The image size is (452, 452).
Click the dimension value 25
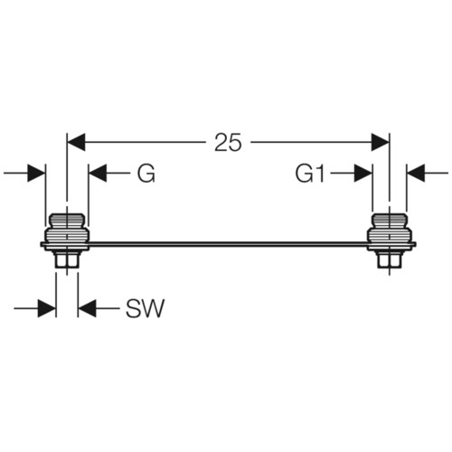click(228, 142)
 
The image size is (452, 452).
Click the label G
click(146, 174)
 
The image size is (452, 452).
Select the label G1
click(310, 174)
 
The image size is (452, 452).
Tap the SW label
click(146, 308)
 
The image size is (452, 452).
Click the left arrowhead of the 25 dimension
click(76, 142)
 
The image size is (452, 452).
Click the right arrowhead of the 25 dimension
click(381, 142)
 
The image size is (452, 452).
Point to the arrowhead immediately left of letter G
click(98, 174)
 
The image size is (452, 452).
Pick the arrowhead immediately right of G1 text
click(363, 174)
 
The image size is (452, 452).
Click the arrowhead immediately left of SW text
click(87, 308)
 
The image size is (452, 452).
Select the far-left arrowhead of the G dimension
click(36, 174)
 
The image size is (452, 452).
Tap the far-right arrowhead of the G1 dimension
click(416, 174)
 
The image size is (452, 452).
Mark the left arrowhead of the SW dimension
click(47, 308)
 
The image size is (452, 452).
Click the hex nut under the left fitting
click(67, 259)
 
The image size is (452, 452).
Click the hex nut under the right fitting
click(390, 259)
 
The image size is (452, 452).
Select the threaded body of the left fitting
click(67, 235)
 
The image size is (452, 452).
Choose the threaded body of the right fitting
click(390, 235)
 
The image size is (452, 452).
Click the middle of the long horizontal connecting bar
click(228, 244)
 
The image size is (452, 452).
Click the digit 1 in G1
click(320, 174)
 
